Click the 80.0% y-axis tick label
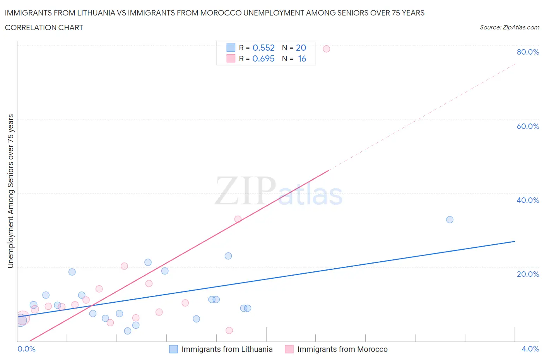tap(528, 52)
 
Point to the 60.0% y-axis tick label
tap(528, 126)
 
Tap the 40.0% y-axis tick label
tap(528, 200)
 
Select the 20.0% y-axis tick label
tap(528, 274)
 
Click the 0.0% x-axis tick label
tap(26, 349)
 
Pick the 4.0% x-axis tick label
tap(530, 349)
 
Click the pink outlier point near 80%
tap(326, 49)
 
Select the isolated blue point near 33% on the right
tap(450, 219)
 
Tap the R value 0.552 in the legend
tap(263, 48)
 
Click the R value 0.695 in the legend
tap(263, 58)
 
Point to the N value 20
tap(301, 48)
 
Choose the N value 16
tap(302, 58)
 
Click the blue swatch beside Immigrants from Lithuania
tap(174, 349)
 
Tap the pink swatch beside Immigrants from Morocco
tap(289, 349)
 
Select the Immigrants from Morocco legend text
tap(342, 349)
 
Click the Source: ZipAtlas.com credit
tap(509, 27)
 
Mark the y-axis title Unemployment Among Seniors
tap(10, 191)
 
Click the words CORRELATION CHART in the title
tap(44, 27)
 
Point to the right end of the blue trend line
tap(514, 241)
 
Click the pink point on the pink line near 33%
tap(238, 219)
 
